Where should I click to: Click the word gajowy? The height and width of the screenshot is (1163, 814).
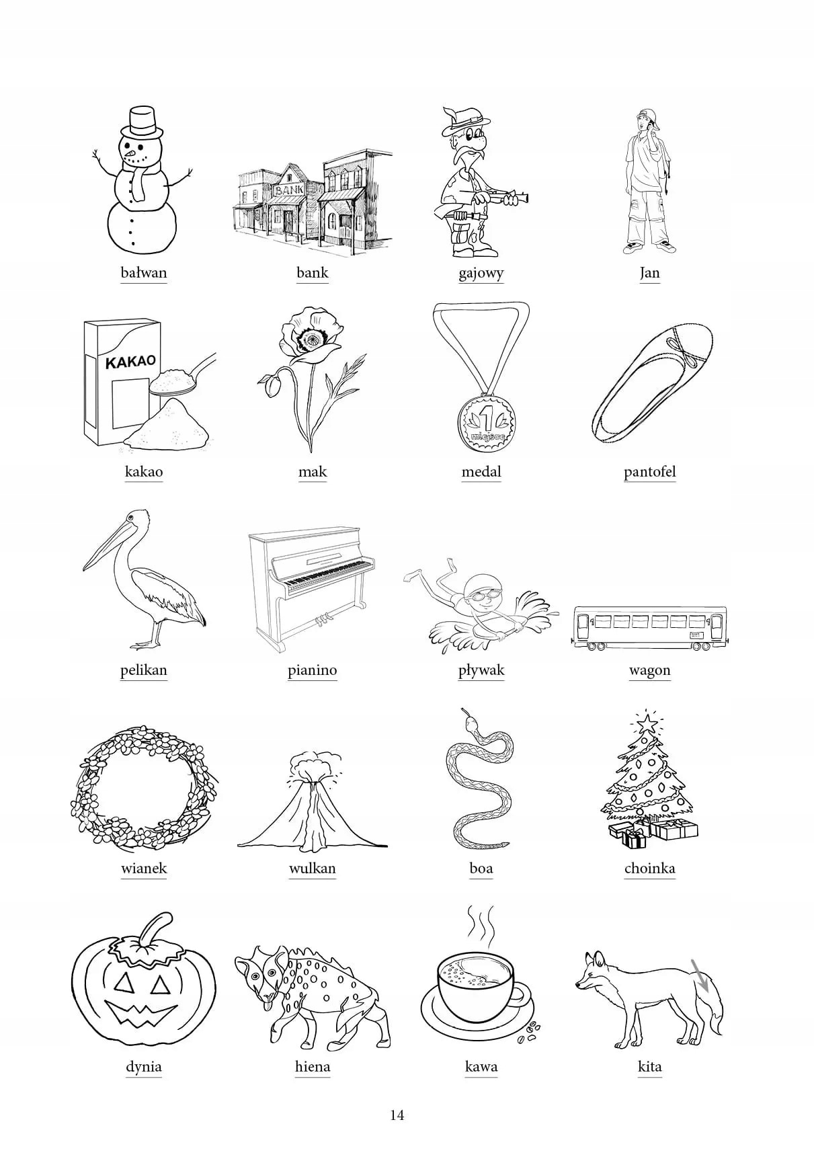(481, 273)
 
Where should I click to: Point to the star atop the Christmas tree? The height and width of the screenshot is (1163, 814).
(647, 722)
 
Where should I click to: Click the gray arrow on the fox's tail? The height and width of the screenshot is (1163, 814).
(700, 975)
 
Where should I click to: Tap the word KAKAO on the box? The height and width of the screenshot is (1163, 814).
(130, 362)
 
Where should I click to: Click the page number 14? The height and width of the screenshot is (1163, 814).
(397, 1115)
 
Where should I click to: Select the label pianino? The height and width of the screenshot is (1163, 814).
(313, 670)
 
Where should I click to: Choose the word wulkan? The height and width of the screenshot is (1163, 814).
(313, 869)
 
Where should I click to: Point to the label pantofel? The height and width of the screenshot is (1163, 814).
(650, 472)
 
